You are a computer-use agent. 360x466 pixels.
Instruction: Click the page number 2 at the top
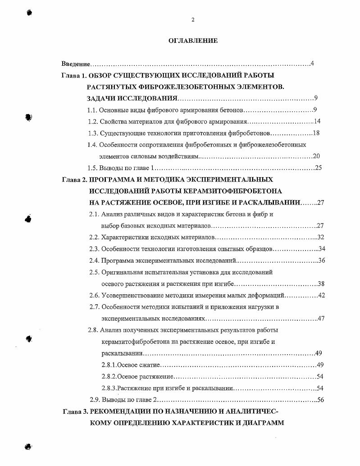tap(193, 19)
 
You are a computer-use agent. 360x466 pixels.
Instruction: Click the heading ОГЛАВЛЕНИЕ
tap(193, 41)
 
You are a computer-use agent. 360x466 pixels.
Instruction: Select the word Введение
tap(75, 64)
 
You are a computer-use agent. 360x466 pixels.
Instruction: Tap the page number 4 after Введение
tap(312, 64)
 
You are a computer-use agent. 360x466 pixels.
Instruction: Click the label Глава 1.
tap(74, 75)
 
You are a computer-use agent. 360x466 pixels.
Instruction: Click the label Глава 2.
tap(74, 179)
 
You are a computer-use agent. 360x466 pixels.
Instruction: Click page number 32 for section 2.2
tap(321, 237)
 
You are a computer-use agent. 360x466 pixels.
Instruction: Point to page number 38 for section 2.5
tap(321, 284)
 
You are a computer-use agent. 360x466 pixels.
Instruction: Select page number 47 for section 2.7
tap(321, 319)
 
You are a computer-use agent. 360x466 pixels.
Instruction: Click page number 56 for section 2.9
tap(321, 399)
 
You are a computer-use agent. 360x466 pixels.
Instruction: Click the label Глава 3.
tap(74, 411)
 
